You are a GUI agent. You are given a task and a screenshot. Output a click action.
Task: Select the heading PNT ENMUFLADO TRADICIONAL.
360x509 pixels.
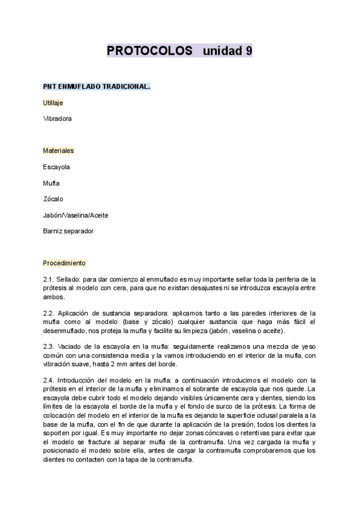click(x=96, y=86)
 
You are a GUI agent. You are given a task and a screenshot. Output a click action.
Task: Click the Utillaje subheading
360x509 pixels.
click(x=53, y=103)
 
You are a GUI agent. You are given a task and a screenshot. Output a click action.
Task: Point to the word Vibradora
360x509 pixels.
click(x=58, y=119)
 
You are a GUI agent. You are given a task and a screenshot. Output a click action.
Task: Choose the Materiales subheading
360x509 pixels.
click(x=58, y=151)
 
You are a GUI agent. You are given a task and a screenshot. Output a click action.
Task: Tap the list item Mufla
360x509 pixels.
click(x=51, y=183)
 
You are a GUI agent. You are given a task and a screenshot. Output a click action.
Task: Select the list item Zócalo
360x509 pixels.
click(x=53, y=199)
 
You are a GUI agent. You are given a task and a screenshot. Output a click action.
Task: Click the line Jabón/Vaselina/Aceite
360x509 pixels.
click(x=76, y=215)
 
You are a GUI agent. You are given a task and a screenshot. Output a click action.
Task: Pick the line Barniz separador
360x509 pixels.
click(x=68, y=231)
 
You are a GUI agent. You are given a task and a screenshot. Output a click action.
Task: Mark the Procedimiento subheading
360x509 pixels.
click(x=64, y=263)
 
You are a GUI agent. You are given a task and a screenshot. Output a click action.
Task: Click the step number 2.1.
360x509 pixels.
click(x=49, y=279)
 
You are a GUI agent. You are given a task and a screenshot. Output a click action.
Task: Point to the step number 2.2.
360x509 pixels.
click(x=49, y=313)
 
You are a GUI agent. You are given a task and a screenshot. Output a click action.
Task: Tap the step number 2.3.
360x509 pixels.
click(x=49, y=347)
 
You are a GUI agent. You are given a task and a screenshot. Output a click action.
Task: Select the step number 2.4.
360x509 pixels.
click(x=49, y=381)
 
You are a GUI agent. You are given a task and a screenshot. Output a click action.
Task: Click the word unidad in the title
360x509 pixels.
click(x=222, y=51)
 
